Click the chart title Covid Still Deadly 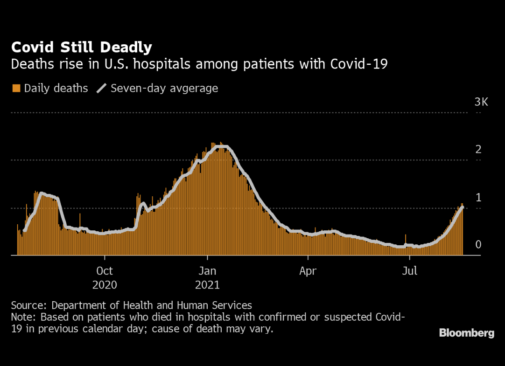click(x=81, y=47)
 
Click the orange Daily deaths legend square click(x=16, y=88)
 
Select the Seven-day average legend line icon click(x=101, y=88)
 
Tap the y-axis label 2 click(x=478, y=150)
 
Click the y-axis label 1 click(x=478, y=197)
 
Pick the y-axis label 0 click(x=478, y=245)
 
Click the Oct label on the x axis click(x=105, y=271)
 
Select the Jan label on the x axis click(x=207, y=271)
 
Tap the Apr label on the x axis click(x=308, y=271)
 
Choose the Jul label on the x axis click(x=409, y=271)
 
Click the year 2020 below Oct click(x=105, y=284)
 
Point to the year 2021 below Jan click(x=207, y=284)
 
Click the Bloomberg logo click(x=466, y=333)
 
